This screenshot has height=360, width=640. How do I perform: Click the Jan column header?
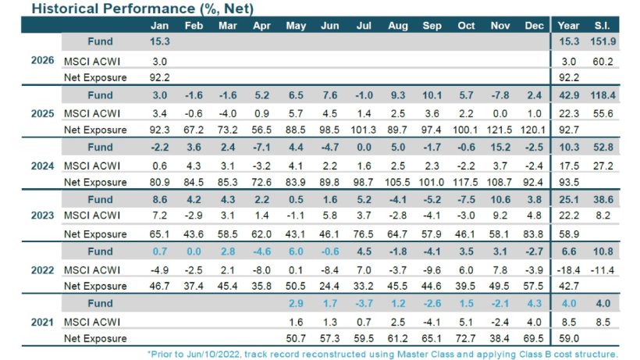pyautogui.click(x=159, y=25)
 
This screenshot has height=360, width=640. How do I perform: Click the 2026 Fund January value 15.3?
pyautogui.click(x=159, y=41)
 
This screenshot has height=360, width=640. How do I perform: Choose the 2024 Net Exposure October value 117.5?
pyautogui.click(x=466, y=181)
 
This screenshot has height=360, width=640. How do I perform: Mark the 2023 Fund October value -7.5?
pyautogui.click(x=466, y=199)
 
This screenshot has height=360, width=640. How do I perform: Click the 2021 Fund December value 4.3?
pyautogui.click(x=535, y=303)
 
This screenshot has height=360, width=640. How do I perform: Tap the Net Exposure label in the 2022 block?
pyautogui.click(x=95, y=286)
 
